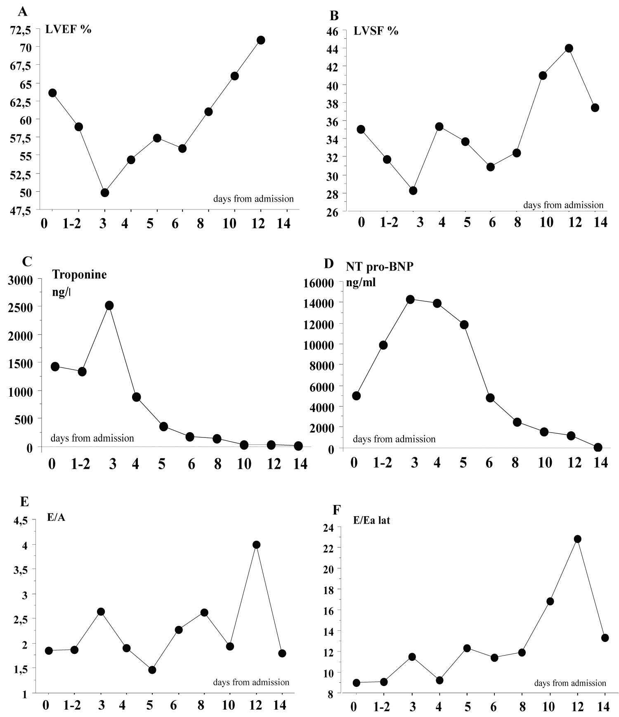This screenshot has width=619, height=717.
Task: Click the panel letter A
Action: [23, 12]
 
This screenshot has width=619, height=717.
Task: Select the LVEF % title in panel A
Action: [68, 29]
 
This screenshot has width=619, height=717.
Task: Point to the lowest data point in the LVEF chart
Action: [105, 193]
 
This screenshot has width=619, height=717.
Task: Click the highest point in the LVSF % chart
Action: [569, 48]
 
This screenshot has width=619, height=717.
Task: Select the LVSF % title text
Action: [375, 31]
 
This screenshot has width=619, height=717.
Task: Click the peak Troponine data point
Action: [109, 306]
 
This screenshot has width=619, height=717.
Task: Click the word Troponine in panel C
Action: [80, 275]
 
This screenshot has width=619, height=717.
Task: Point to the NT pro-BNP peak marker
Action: [410, 299]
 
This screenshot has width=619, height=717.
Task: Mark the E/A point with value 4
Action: [256, 545]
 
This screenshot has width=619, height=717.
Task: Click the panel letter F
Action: [337, 510]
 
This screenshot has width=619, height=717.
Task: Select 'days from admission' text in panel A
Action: [253, 199]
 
